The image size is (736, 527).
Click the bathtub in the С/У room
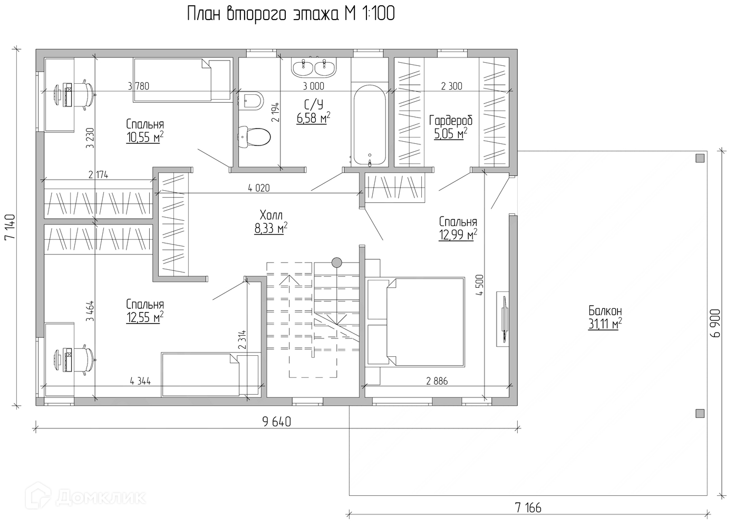click(369, 125)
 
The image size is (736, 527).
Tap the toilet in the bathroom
click(254, 137)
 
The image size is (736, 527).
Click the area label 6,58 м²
click(314, 118)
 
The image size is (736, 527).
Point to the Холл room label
click(271, 216)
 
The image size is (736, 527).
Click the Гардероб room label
click(450, 121)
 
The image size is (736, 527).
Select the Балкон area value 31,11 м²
click(605, 324)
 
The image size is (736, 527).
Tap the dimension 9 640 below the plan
click(277, 422)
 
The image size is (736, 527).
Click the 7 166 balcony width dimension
click(528, 508)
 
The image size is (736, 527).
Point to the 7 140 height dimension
click(10, 227)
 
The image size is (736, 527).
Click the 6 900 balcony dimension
click(715, 323)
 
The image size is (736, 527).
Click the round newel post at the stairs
click(336, 262)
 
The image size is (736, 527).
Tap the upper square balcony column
click(700, 158)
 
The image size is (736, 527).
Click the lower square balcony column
click(700, 413)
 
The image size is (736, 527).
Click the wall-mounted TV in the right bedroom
click(504, 318)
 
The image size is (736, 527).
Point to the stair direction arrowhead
click(289, 280)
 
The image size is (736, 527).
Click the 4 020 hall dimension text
click(259, 188)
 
